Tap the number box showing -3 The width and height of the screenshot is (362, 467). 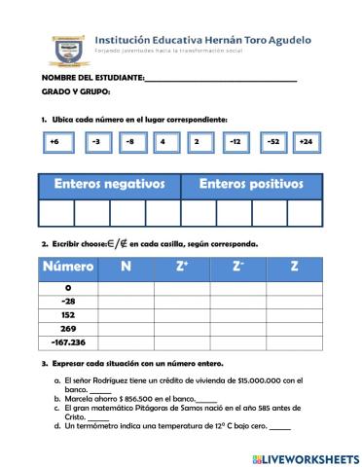[x=94, y=142]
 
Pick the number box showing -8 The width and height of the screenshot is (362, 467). [x=129, y=142]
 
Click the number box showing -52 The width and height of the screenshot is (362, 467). [x=272, y=142]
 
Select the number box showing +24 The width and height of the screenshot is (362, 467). [x=306, y=142]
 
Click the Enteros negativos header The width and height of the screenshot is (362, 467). [x=109, y=185]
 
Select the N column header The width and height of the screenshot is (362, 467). [x=126, y=268]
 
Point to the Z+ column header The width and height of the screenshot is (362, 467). [x=182, y=268]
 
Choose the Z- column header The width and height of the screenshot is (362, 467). [x=238, y=268]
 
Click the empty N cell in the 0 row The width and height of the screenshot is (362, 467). [x=126, y=288]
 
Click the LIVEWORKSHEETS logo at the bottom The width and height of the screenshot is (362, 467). [x=305, y=457]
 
